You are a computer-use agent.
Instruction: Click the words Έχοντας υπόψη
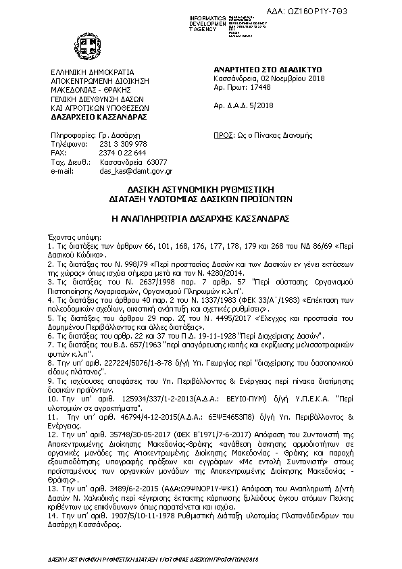[70, 239]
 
